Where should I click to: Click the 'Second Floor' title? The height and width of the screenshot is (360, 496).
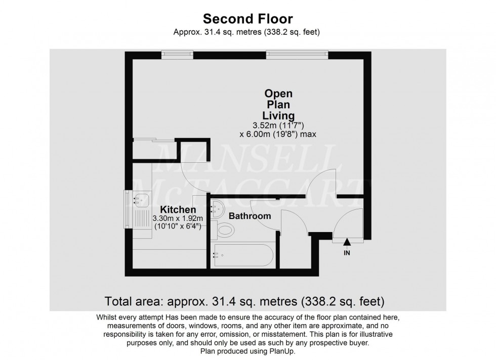point(248,19)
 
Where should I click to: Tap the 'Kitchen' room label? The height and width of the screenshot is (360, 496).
point(178,209)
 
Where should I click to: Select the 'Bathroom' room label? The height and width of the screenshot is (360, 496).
point(250,216)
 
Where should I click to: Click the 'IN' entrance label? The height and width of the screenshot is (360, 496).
point(347,253)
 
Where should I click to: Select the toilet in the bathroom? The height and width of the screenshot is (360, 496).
point(224,231)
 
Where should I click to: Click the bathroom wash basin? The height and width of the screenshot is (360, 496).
point(218,207)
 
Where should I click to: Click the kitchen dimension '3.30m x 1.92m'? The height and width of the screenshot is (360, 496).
point(178,218)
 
